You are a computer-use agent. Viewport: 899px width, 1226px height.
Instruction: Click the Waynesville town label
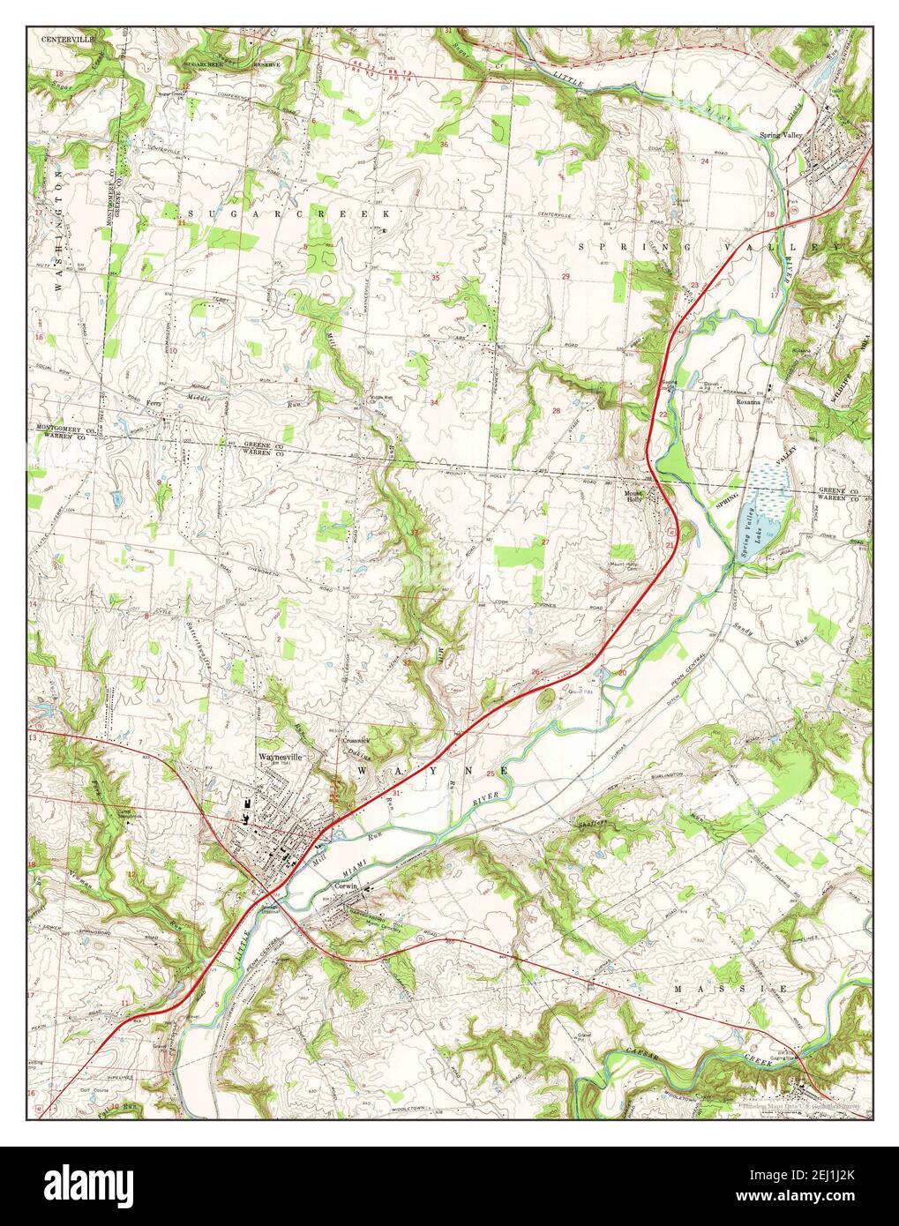pos(280,756)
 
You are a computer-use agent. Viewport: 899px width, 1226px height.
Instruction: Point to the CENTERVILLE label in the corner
pos(67,40)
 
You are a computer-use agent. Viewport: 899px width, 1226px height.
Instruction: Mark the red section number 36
pos(444,145)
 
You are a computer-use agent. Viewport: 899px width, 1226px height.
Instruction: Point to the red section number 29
pos(566,277)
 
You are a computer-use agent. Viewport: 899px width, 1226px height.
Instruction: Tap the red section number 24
pos(705,161)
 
